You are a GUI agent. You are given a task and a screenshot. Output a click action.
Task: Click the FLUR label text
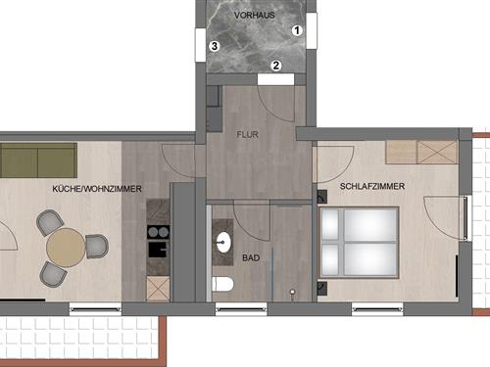[x=247, y=138]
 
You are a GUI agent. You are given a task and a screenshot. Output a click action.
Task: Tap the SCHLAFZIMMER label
[x=372, y=186]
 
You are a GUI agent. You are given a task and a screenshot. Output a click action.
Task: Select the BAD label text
[x=251, y=259]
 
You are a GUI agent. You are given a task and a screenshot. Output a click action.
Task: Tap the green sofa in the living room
[x=39, y=157]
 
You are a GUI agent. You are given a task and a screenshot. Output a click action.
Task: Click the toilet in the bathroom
[x=223, y=285]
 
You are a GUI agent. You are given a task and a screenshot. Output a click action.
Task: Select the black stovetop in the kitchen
[x=157, y=232]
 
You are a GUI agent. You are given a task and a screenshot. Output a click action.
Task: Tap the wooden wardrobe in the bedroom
[x=421, y=153]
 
